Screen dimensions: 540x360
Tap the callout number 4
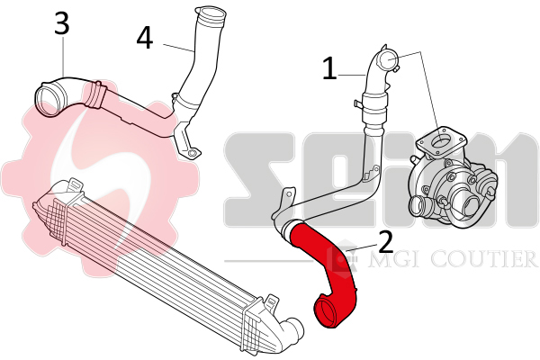pos(144,38)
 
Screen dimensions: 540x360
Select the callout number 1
pos(329,68)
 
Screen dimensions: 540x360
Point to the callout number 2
pos(386,241)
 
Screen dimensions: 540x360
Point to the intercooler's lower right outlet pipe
pos(292,331)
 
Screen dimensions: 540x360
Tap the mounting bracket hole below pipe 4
pos(193,153)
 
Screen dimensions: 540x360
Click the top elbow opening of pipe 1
pos(387,59)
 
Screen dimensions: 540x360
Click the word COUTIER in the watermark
pos(485,258)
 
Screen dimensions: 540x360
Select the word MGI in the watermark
pos(393,259)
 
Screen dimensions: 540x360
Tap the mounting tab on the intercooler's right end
pos(272,302)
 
